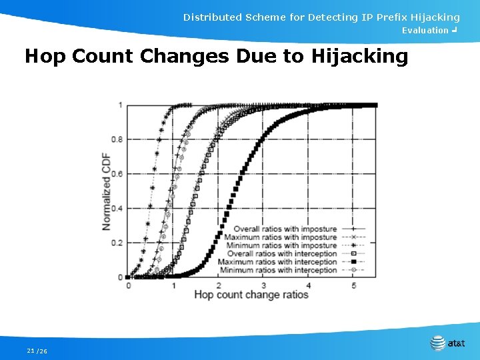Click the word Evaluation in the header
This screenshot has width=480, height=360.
[425, 31]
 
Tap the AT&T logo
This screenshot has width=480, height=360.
[448, 343]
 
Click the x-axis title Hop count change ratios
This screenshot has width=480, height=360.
[251, 295]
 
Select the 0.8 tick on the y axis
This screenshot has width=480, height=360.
[117, 139]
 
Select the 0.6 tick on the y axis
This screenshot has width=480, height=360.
[117, 174]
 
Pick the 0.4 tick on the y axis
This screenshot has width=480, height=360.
[117, 209]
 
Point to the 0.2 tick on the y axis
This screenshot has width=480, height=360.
[117, 243]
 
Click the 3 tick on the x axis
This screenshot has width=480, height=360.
[263, 285]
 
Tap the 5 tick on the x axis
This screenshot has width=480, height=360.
[353, 285]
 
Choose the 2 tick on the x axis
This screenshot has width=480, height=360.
[218, 285]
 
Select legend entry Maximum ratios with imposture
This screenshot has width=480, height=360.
[281, 237]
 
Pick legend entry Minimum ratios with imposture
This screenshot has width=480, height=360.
[281, 245]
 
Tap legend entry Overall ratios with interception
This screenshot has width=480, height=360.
[282, 254]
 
